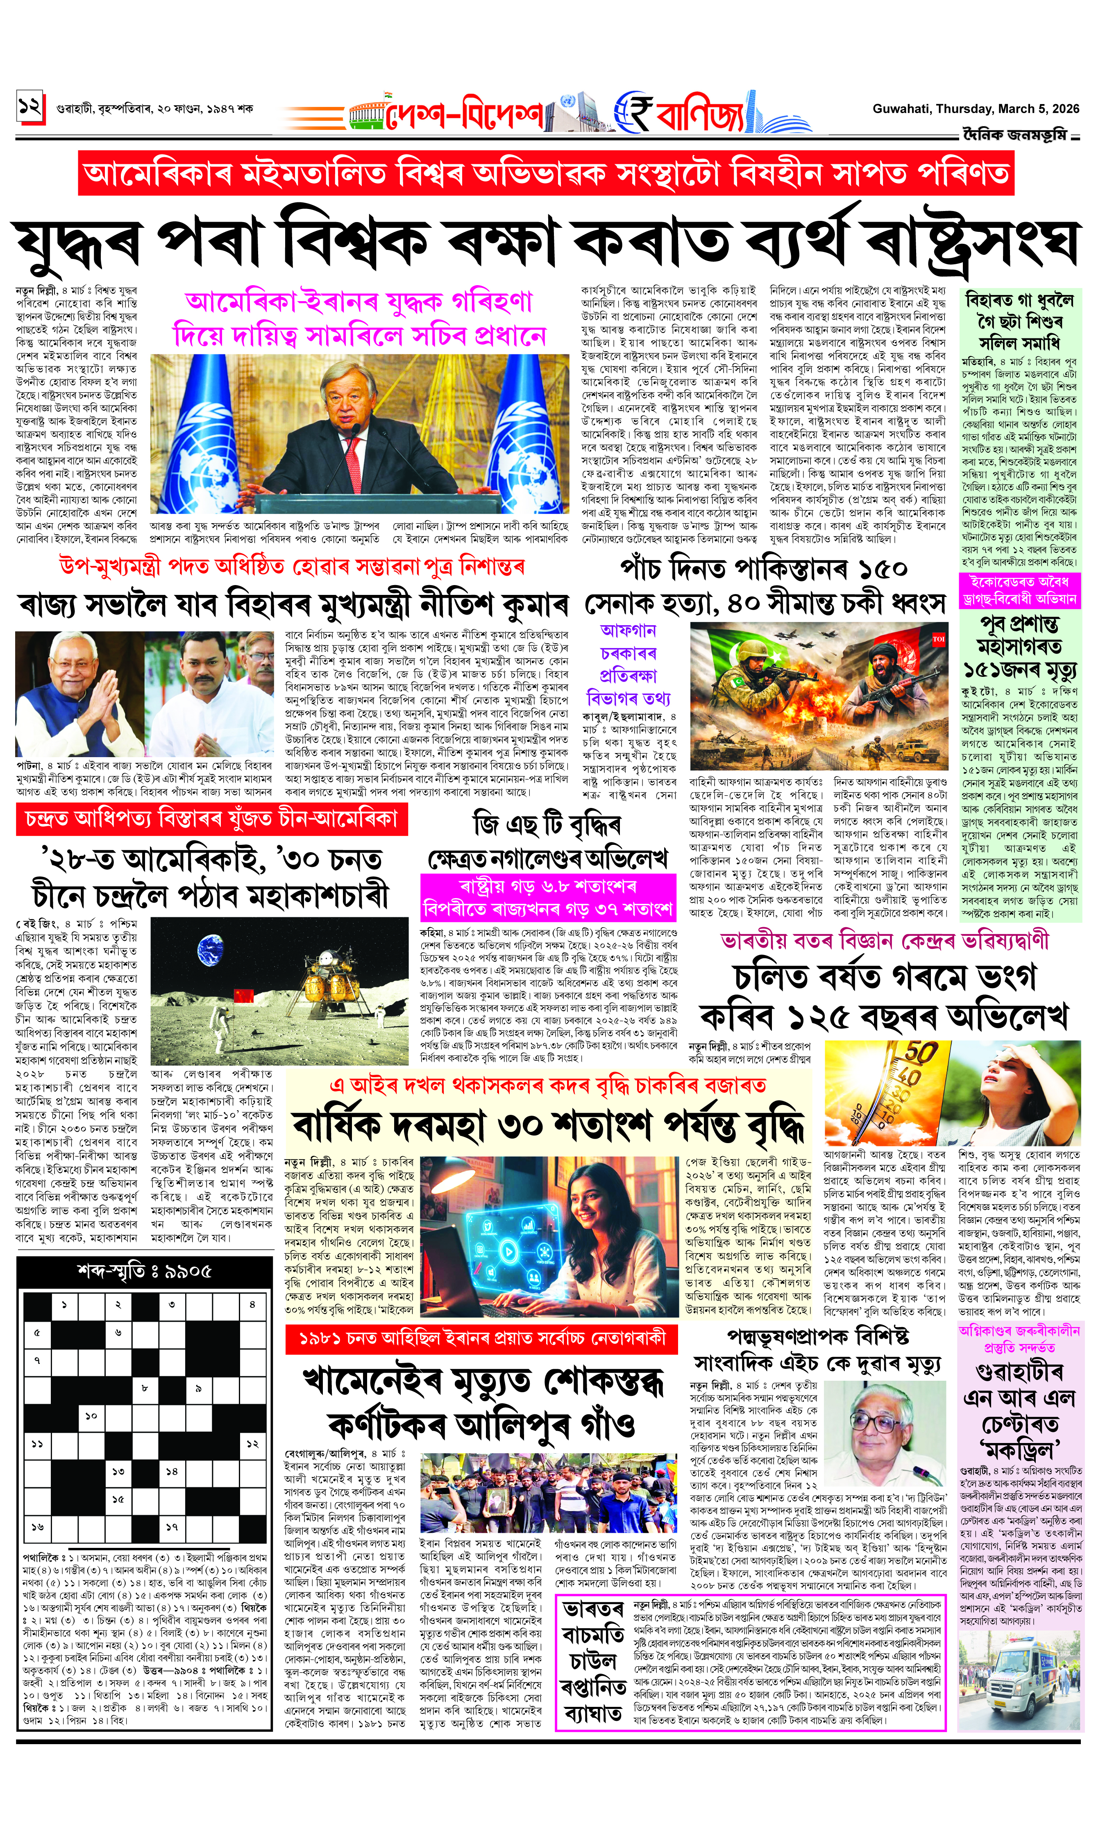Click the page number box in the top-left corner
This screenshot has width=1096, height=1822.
(x=30, y=108)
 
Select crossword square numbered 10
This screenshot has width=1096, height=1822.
(x=91, y=1416)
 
